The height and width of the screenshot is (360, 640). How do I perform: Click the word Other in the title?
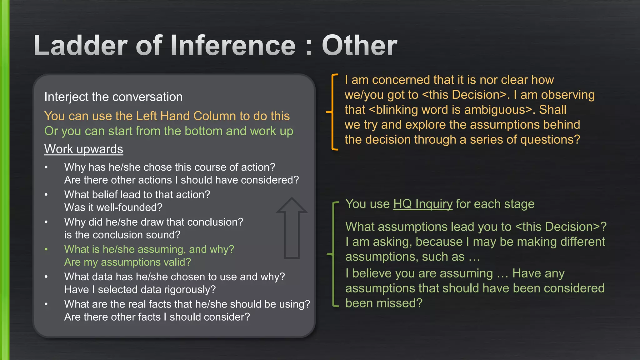[x=359, y=46]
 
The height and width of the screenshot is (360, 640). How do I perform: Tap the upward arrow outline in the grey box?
[x=292, y=228]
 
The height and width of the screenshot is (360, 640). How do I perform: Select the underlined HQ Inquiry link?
[x=422, y=204]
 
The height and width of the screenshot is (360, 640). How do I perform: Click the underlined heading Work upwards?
[x=83, y=149]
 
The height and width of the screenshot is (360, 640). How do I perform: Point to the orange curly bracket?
[x=333, y=112]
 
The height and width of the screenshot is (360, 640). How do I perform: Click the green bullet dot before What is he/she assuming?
[x=46, y=249]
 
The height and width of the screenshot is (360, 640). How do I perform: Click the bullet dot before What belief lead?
[x=46, y=195]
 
